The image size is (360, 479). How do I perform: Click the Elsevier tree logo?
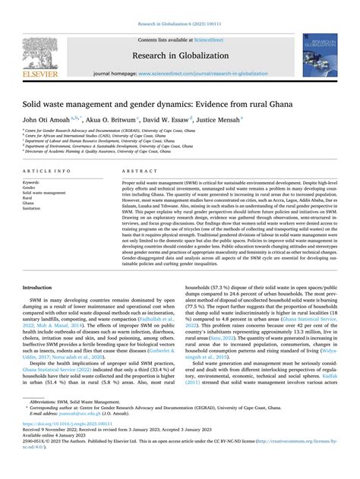click(42, 51)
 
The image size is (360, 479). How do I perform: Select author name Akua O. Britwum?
click(114, 119)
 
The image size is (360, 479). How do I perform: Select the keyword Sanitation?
click(36, 210)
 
